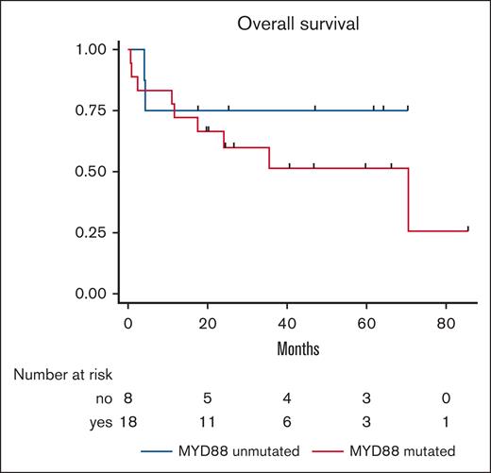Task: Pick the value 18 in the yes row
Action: click(x=127, y=420)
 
